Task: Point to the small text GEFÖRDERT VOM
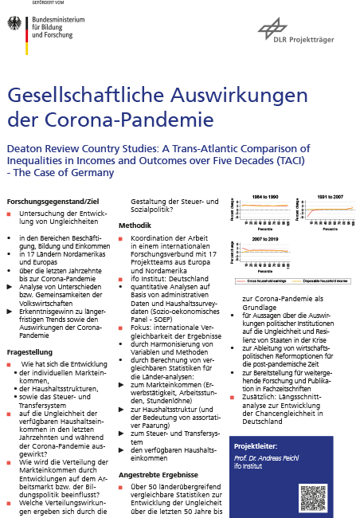tap(22, 4)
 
